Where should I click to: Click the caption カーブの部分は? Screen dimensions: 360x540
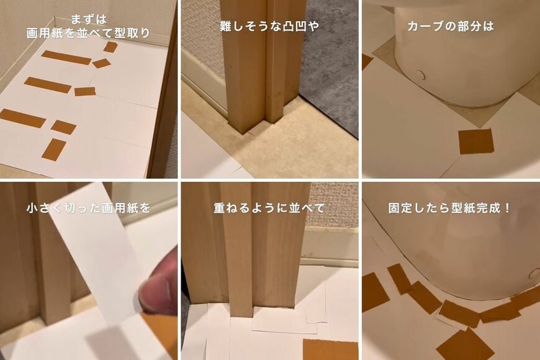[451, 27]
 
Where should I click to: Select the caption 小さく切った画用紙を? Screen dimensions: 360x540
[89, 208]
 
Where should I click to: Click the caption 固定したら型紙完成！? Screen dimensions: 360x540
[450, 208]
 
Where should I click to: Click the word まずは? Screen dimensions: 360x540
[88, 19]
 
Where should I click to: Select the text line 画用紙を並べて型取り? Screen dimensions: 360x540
[88, 34]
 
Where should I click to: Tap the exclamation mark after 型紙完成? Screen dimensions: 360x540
[508, 208]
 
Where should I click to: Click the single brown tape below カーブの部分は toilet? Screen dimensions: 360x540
[475, 142]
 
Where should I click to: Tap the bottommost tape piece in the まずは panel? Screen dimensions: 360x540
[54, 150]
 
